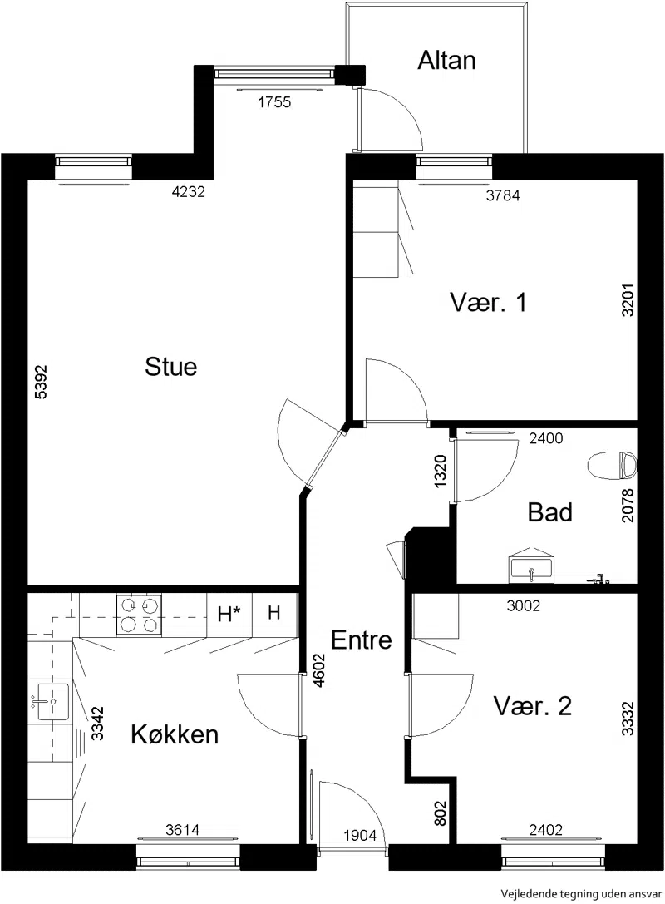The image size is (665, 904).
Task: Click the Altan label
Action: [x=446, y=61]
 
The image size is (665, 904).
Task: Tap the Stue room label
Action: [x=170, y=367]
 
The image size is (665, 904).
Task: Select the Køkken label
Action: [x=175, y=734]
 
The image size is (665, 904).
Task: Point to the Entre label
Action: [x=362, y=640]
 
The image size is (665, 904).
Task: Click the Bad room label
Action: [x=549, y=512]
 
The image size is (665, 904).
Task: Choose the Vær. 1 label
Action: [x=488, y=302]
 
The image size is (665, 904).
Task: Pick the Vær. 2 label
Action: [x=533, y=706]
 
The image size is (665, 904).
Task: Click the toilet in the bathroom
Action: [x=612, y=465]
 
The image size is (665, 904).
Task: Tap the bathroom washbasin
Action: [x=530, y=566]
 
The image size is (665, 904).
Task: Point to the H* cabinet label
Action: [x=229, y=615]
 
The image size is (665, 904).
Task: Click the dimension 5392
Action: [x=41, y=382]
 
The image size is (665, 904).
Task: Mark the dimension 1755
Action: [x=274, y=102]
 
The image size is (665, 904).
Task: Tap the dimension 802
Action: [x=441, y=813]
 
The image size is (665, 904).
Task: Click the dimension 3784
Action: [x=503, y=196]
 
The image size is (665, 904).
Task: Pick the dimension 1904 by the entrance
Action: [x=360, y=835]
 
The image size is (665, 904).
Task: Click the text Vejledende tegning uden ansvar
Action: [x=581, y=894]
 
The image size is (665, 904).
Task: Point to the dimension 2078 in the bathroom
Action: [x=628, y=506]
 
